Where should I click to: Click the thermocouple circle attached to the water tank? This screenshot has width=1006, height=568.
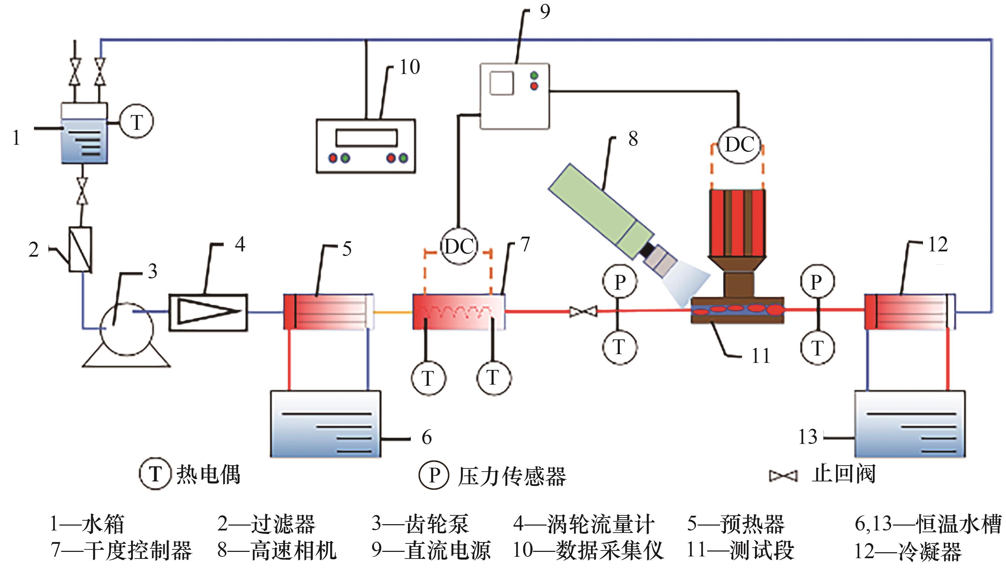click(136, 122)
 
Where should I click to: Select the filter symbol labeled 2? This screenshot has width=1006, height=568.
click(81, 249)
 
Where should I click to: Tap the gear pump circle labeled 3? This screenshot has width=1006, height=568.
click(127, 329)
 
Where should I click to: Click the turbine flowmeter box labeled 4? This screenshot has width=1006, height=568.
click(208, 312)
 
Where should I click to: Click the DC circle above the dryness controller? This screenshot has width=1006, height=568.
click(459, 246)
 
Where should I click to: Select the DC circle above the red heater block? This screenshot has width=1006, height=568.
click(739, 145)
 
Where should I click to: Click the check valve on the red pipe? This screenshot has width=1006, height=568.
click(583, 312)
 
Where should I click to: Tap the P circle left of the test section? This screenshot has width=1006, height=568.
click(620, 282)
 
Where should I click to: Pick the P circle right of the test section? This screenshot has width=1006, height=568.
click(817, 282)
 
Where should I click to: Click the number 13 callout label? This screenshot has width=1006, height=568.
click(808, 437)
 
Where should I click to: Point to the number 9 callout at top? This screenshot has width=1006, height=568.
click(545, 12)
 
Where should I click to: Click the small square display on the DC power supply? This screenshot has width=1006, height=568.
click(502, 83)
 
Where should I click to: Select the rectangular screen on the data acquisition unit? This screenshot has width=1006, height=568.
click(366, 137)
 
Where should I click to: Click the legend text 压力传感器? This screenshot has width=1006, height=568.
click(512, 476)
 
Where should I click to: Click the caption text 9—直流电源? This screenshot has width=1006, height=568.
click(431, 550)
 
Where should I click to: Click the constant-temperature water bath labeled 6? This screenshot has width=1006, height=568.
click(326, 424)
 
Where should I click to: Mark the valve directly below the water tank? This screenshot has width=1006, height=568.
click(82, 191)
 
